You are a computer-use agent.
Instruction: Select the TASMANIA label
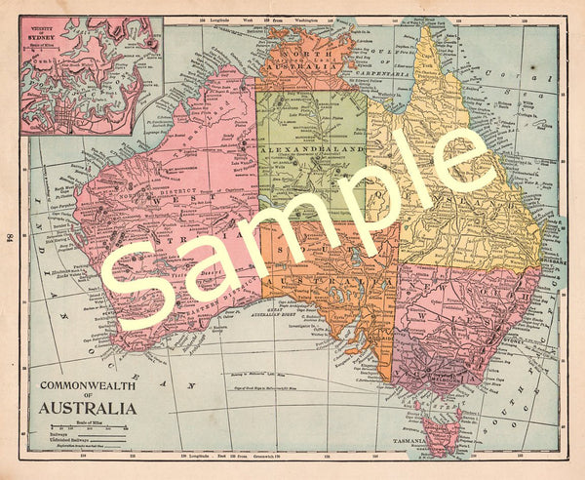coord(413,441)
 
